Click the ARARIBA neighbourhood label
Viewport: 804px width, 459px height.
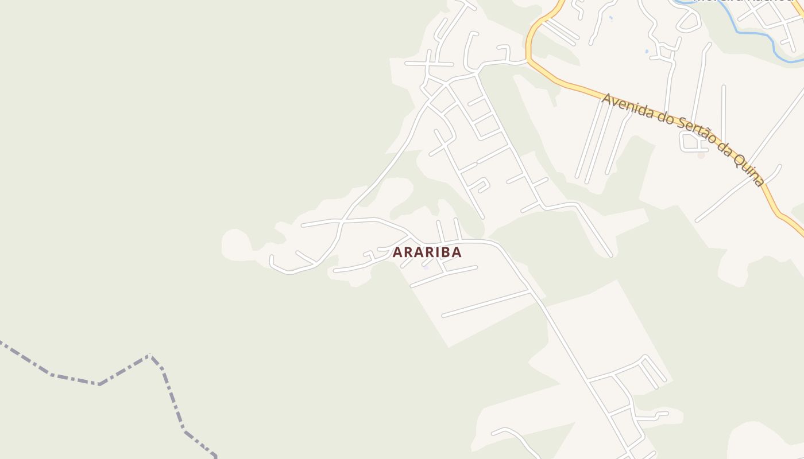tap(427, 252)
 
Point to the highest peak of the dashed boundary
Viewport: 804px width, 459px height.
tap(149, 356)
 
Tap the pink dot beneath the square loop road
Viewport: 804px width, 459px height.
tap(701, 155)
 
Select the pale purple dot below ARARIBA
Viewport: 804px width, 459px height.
tap(426, 267)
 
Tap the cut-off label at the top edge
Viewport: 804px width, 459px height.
tap(741, 2)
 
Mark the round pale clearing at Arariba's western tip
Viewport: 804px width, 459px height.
tap(235, 244)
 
